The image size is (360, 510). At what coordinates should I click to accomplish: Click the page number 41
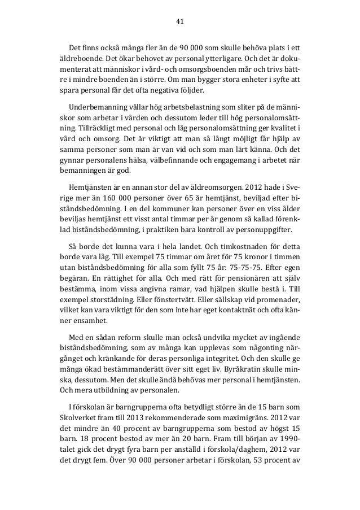pyautogui.click(x=180, y=21)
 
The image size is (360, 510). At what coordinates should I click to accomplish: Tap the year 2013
pyautogui.click(x=138, y=415)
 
